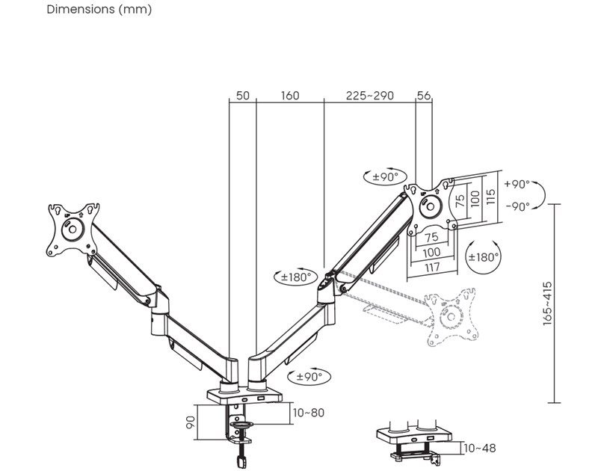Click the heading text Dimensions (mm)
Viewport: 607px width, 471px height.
tap(99, 10)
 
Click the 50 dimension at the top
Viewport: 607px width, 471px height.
tap(242, 96)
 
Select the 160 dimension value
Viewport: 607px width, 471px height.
tap(290, 96)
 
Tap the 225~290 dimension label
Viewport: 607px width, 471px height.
tap(369, 96)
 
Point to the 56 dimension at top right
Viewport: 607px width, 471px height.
tap(424, 96)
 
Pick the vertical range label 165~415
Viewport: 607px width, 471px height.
tap(548, 303)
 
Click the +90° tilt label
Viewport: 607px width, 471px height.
tap(517, 184)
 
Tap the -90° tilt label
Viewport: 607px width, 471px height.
tap(517, 206)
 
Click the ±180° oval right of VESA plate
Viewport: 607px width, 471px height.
tap(483, 257)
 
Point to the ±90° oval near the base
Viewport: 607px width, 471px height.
tap(309, 376)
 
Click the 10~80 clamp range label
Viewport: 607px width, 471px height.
tap(309, 412)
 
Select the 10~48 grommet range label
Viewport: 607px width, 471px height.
tap(479, 449)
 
